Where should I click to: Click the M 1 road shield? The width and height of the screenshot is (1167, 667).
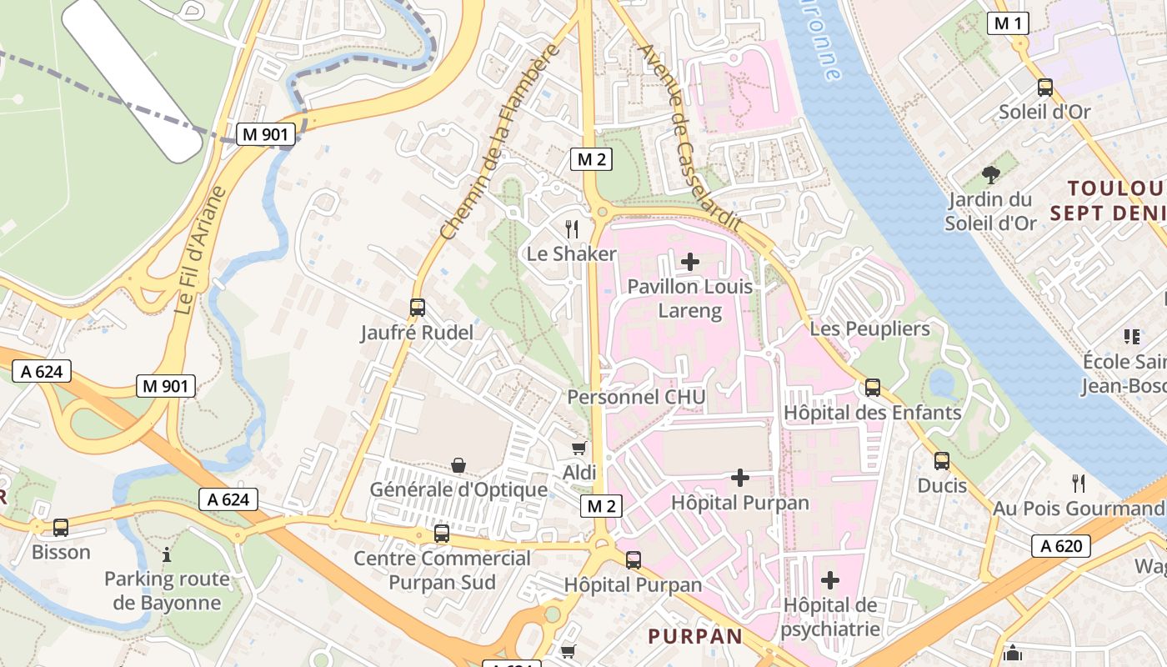pos(1008,23)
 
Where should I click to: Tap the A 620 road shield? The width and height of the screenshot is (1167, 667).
pos(1061,546)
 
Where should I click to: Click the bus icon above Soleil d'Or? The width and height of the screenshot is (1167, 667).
pos(1044,88)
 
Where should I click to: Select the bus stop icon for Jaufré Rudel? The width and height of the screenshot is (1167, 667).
pos(418,308)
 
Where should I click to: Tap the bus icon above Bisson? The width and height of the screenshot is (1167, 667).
pos(61,528)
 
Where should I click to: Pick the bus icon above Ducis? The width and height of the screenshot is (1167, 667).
pos(942,461)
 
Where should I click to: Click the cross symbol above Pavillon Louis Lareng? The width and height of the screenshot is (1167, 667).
pos(690,262)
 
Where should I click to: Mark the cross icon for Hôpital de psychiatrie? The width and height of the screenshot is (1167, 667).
pos(830,579)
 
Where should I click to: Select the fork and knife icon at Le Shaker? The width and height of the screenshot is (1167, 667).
pos(572,228)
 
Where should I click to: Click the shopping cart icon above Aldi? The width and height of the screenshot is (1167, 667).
pos(579,449)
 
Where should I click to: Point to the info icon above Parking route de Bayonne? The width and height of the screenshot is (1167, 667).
pos(167,554)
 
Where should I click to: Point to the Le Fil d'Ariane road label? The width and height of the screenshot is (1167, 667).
pos(201,250)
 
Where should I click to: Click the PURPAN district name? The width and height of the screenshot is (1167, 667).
pos(695,636)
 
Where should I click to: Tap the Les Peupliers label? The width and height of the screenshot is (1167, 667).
pos(869,328)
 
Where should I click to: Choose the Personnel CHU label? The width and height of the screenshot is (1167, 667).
pos(636,397)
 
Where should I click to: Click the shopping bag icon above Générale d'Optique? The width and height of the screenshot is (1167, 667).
pos(458,465)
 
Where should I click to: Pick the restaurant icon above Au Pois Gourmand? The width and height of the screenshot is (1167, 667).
pos(1078,483)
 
